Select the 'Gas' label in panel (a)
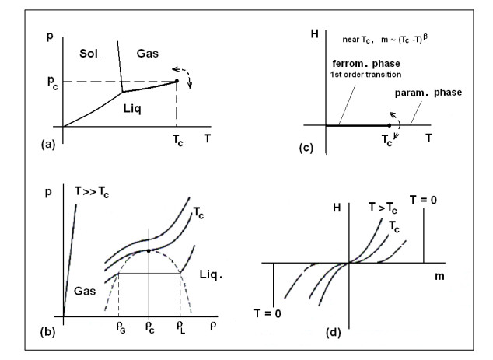[x=149, y=52]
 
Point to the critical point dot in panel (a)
[x=177, y=81]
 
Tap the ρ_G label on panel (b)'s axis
[x=119, y=328]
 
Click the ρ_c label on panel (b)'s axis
[x=149, y=328]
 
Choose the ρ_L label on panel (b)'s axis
[x=181, y=328]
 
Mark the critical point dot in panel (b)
[x=149, y=250]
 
